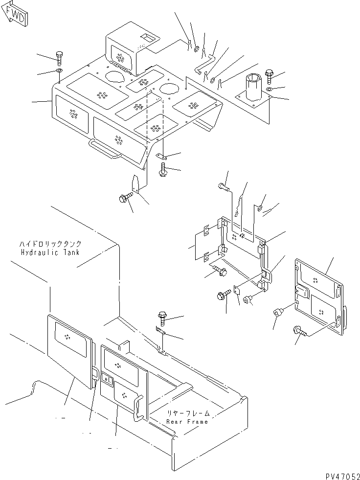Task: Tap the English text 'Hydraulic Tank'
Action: (x=50, y=252)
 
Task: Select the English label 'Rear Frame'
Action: (x=187, y=421)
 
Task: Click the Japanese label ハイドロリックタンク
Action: (x=50, y=244)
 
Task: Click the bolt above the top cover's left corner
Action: (x=59, y=57)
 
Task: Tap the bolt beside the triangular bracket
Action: (x=124, y=198)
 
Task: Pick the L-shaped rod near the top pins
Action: (x=205, y=62)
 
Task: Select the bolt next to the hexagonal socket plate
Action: (x=269, y=76)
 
